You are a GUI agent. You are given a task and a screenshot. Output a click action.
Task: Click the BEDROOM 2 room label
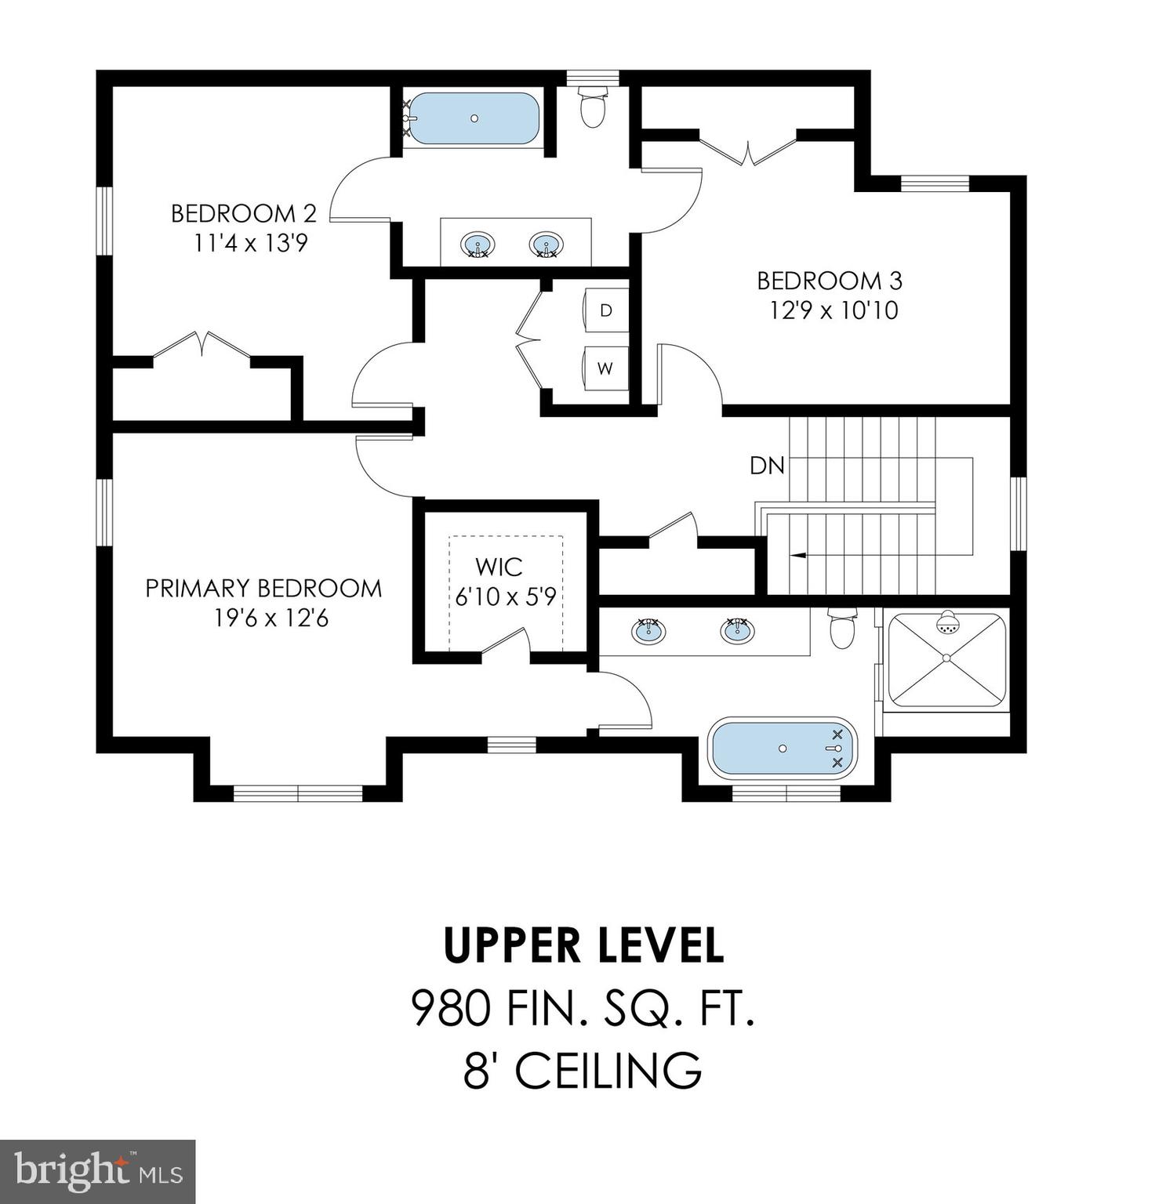[244, 213]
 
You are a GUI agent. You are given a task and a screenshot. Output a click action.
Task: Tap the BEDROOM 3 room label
[830, 280]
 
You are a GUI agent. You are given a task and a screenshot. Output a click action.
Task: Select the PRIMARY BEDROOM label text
[264, 588]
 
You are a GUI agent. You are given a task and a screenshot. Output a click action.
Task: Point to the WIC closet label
[499, 566]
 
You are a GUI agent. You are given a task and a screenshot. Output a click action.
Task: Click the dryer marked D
[605, 310]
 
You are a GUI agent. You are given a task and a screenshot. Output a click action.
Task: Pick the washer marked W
[605, 368]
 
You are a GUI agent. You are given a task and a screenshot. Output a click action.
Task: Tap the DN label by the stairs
[767, 466]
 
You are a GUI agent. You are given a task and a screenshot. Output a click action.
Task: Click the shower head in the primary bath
[948, 622]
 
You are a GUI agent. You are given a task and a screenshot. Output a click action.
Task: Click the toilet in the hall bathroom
[593, 106]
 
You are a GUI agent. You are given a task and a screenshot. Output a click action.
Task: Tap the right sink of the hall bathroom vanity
[546, 245]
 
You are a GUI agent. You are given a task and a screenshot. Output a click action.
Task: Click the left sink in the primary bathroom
[648, 629]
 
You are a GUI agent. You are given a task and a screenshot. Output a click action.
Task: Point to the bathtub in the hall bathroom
[474, 118]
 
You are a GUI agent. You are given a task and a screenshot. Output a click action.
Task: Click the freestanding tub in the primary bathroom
[783, 748]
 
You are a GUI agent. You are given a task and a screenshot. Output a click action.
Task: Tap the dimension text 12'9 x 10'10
[834, 310]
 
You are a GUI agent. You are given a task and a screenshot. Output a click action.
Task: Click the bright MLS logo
[98, 1172]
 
